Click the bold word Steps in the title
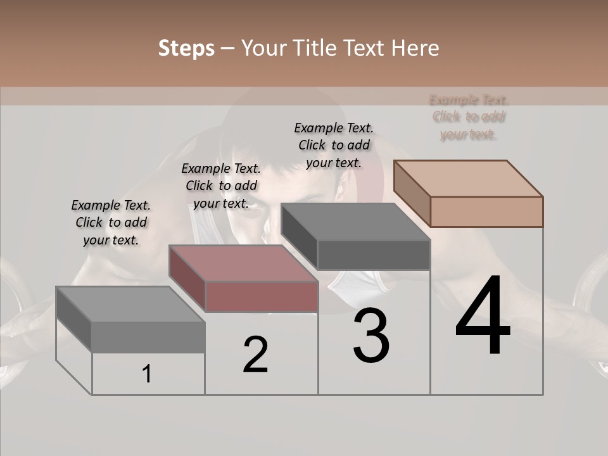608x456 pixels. [x=186, y=48]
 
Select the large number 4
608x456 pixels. [x=483, y=316]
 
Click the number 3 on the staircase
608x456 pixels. [x=371, y=336]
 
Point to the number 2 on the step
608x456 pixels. [x=256, y=355]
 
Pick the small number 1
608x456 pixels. [x=147, y=374]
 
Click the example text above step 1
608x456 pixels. [x=111, y=222]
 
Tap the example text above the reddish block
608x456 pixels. [x=221, y=186]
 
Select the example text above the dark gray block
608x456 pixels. [x=334, y=145]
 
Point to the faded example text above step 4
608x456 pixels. [x=469, y=117]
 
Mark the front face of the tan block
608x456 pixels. [x=486, y=212]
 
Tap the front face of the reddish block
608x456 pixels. [x=262, y=296]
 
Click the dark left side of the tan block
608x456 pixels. [x=412, y=193]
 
